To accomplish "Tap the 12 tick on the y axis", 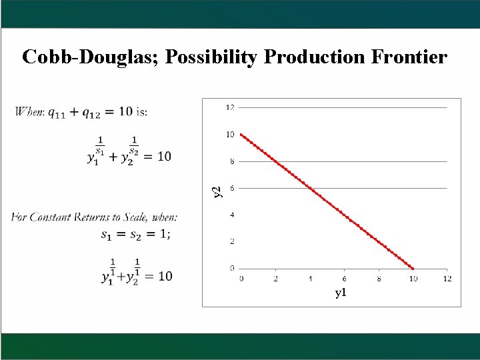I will tap(230, 107).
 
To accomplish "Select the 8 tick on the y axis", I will tap(231, 161).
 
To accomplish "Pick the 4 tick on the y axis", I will tap(231, 215).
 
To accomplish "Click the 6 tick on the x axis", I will tap(343, 278).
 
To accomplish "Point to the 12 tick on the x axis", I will tap(447, 278).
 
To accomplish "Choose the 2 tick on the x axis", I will tap(275, 278).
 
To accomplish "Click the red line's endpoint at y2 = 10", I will tap(241, 135).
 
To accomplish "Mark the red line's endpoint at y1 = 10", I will tap(413, 269).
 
